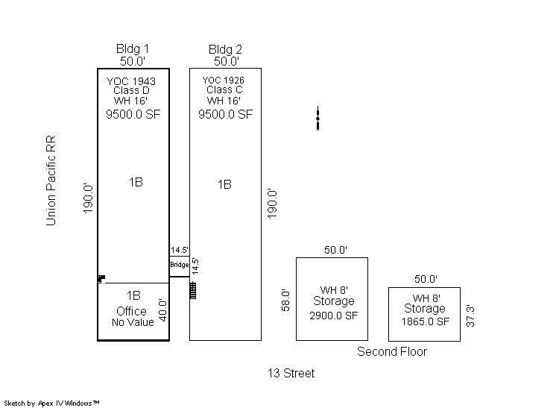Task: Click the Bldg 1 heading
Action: click(x=132, y=49)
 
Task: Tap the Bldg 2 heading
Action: click(x=225, y=49)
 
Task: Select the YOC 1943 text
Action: click(x=131, y=81)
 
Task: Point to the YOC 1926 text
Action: click(x=223, y=80)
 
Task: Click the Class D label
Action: click(x=131, y=90)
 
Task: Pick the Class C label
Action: click(x=224, y=90)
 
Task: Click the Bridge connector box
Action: click(x=180, y=266)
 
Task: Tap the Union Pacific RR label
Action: click(x=51, y=181)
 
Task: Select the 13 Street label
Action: click(x=291, y=373)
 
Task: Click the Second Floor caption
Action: click(x=392, y=351)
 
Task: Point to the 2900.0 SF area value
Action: click(x=333, y=316)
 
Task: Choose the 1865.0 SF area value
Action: click(x=425, y=321)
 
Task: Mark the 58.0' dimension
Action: click(x=285, y=300)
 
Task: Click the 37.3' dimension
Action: click(x=470, y=316)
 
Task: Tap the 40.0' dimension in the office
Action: click(x=162, y=310)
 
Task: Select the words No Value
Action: click(x=133, y=322)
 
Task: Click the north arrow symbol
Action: click(x=318, y=118)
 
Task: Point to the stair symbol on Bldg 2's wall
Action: click(x=193, y=290)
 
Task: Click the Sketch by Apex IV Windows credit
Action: click(x=51, y=404)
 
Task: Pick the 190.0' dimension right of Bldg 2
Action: click(x=272, y=204)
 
